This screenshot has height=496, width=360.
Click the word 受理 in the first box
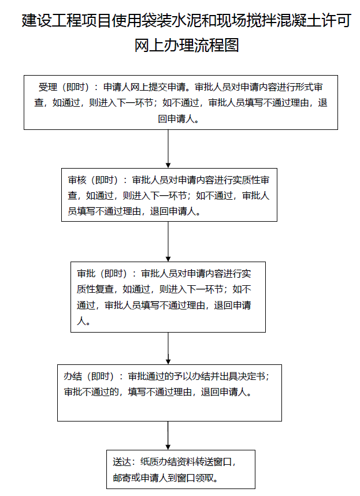click(48, 87)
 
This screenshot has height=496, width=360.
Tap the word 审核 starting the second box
click(77, 180)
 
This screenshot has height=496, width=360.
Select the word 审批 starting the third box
click(86, 273)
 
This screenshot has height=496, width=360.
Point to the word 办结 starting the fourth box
click(73, 376)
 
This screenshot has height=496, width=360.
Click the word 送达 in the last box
click(122, 462)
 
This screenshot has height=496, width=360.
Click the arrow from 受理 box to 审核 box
click(168, 148)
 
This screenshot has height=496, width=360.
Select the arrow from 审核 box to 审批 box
click(168, 242)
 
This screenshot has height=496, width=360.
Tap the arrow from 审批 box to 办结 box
click(168, 348)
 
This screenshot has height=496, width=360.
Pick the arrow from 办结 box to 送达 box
click(168, 435)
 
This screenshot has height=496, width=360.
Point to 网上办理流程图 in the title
click(187, 45)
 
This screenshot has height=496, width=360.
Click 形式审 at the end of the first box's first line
click(309, 87)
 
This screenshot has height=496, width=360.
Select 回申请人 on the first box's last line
click(176, 118)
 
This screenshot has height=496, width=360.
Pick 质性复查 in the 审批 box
click(95, 289)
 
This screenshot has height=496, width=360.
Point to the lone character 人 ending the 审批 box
click(81, 321)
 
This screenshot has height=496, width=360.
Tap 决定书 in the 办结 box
click(251, 376)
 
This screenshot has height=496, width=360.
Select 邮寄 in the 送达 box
click(122, 478)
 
